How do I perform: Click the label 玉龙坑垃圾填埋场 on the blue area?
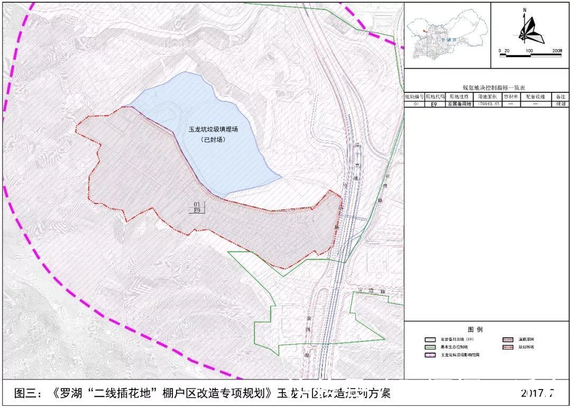pyautogui.click(x=214, y=129)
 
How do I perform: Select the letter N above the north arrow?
pyautogui.click(x=524, y=10)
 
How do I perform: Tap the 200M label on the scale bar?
pyautogui.click(x=557, y=51)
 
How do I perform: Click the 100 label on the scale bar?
pyautogui.click(x=528, y=51)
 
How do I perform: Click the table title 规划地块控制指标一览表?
pyautogui.click(x=487, y=88)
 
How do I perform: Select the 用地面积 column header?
pyautogui.click(x=487, y=97)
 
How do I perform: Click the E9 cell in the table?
pyautogui.click(x=434, y=105)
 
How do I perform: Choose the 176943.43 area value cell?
pyautogui.click(x=487, y=105)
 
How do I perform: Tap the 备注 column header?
pyautogui.click(x=560, y=97)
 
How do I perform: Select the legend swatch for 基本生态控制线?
pyautogui.click(x=431, y=347)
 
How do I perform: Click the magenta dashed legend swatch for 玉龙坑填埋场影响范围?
pyautogui.click(x=431, y=356)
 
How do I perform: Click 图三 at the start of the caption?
pyautogui.click(x=26, y=393)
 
